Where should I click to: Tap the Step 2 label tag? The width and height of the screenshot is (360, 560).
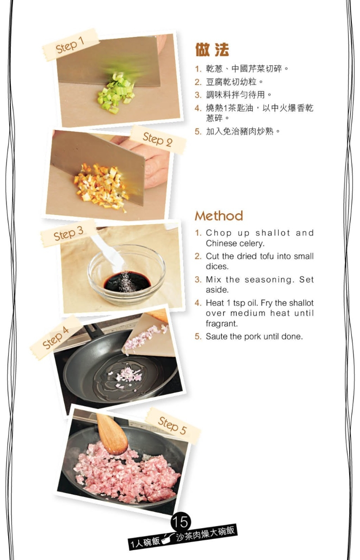(157, 139)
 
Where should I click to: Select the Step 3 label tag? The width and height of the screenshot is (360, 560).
(68, 234)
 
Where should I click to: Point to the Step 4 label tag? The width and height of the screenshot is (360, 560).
(56, 337)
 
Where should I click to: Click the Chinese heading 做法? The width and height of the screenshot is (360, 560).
(212, 49)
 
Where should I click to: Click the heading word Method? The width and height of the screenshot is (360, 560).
(219, 216)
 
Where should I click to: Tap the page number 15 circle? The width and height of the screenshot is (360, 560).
(181, 522)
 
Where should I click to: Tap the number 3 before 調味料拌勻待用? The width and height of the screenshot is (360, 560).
(198, 95)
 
